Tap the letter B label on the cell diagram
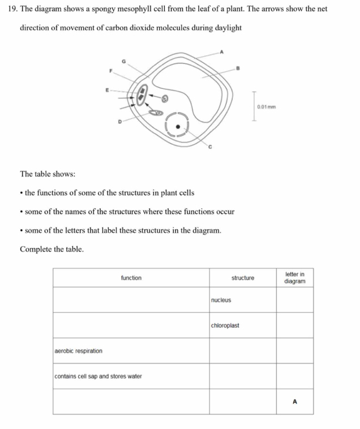[239, 67]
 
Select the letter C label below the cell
[209, 147]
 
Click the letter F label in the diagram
[112, 70]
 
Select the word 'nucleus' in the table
[221, 300]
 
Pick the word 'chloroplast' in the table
[225, 325]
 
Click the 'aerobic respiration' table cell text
[79, 351]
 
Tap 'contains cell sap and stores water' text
[98, 376]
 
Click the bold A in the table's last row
[294, 402]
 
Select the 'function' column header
[131, 278]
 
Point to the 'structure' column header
[243, 278]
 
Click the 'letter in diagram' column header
[294, 277]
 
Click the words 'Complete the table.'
[52, 249]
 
